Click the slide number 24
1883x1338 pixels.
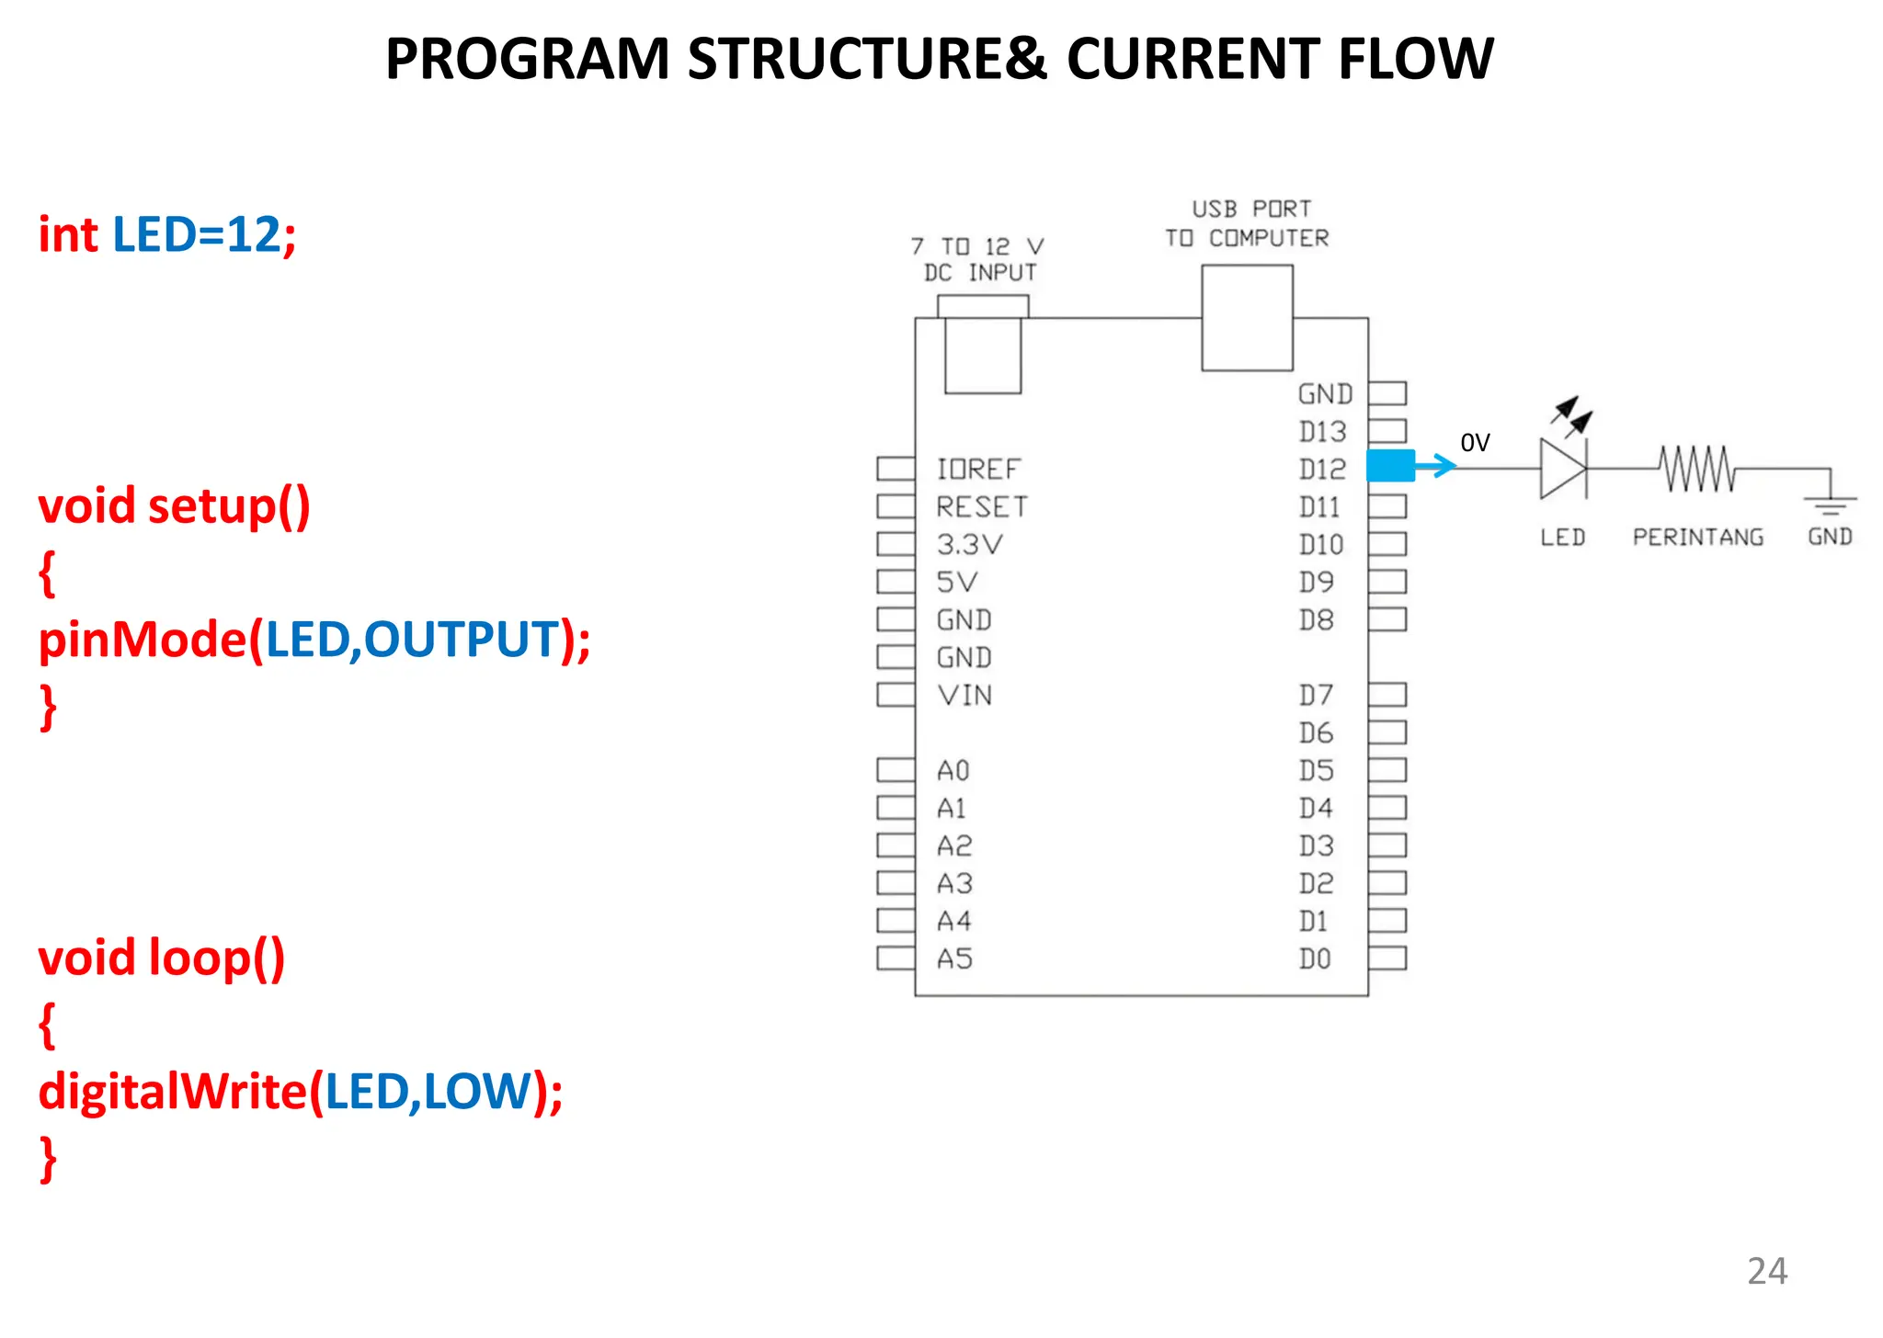tap(1766, 1271)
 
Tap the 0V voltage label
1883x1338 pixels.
tap(1475, 443)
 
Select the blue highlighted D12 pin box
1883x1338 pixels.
tap(1390, 466)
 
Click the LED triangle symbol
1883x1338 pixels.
tap(1562, 469)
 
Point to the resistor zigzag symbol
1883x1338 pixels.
tap(1697, 469)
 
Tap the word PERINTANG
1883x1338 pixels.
tap(1697, 537)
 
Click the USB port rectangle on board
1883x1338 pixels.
tap(1247, 318)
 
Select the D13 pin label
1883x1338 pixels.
tap(1322, 431)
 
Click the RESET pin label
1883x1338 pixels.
tap(981, 506)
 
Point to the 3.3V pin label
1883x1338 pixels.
tap(969, 544)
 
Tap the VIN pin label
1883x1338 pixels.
tap(964, 695)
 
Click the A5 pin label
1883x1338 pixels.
tap(954, 958)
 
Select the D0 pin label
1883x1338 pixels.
tap(1315, 958)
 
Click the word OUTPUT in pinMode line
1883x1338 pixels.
tap(462, 640)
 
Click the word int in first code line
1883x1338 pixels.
tap(67, 234)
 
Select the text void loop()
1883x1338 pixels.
tap(161, 958)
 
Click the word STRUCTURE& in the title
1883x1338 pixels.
tap(867, 59)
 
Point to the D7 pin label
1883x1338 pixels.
tap(1316, 695)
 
